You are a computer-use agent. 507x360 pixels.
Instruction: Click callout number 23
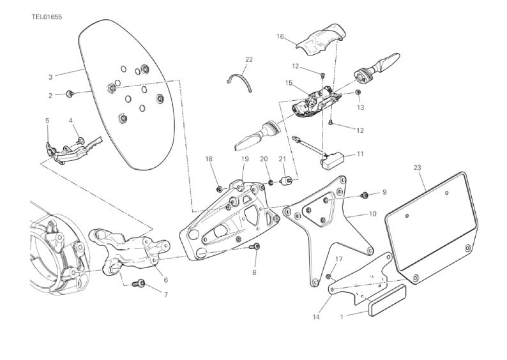(x=417, y=168)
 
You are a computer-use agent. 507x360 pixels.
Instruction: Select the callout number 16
(x=280, y=36)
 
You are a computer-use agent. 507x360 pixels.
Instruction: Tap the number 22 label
(x=248, y=59)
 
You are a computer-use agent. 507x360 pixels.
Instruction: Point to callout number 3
(x=50, y=77)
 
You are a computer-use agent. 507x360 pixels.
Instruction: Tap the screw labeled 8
(x=256, y=246)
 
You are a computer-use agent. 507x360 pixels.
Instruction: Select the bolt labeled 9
(x=365, y=195)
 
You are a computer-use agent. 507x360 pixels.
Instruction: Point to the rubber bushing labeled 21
(x=286, y=178)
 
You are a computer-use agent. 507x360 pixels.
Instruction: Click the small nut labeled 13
(x=358, y=93)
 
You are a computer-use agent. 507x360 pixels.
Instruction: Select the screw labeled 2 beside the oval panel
(x=70, y=94)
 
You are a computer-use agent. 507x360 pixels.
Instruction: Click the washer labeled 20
(x=271, y=183)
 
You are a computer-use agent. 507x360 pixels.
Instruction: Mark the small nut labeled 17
(x=328, y=276)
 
